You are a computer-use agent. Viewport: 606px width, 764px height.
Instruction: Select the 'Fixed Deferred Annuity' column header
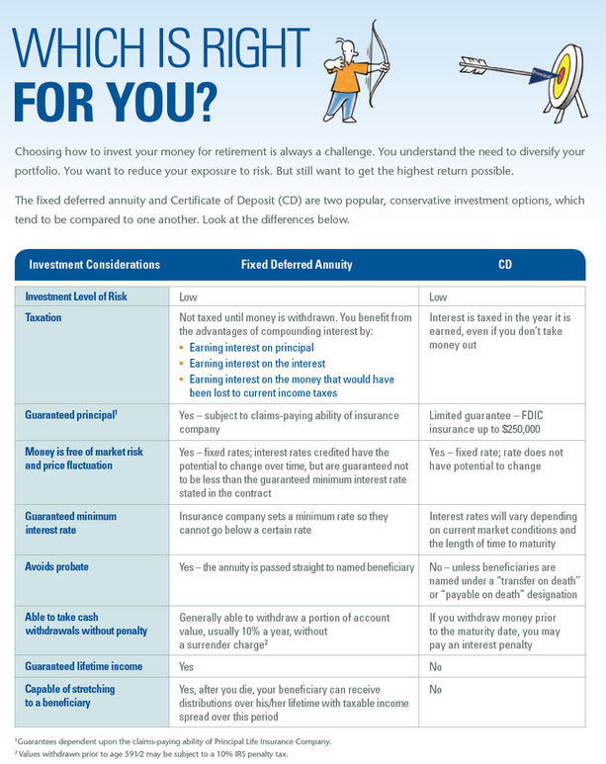pos(297,265)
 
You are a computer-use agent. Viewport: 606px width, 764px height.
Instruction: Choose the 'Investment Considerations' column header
pos(94,265)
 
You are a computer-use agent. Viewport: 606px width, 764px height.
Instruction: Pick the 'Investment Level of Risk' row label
pos(90,297)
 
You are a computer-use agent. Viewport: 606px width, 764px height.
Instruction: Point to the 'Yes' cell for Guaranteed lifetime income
pos(187,666)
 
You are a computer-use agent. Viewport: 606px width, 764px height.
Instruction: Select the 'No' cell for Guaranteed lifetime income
pos(437,666)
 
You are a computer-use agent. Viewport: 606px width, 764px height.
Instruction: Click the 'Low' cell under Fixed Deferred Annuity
pos(188,297)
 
